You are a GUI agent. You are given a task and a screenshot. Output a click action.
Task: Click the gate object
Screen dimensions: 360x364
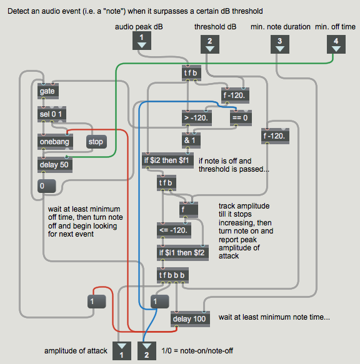[x=48, y=91]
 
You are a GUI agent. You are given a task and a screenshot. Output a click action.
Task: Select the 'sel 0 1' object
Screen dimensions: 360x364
[x=52, y=114]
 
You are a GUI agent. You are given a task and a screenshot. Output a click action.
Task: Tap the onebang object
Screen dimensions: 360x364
[x=55, y=142]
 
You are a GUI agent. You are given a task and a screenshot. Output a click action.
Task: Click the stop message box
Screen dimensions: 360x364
[x=96, y=142]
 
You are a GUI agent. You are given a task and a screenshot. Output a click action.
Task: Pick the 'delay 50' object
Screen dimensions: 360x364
[x=55, y=165]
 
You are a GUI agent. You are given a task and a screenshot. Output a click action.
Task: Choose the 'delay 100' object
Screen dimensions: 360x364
[x=190, y=319]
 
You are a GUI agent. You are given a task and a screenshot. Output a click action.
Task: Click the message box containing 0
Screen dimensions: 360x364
[x=46, y=186]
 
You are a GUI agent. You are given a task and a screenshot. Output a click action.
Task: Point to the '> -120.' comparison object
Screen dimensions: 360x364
[x=197, y=118]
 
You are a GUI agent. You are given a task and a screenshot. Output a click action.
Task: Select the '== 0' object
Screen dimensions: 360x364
[x=241, y=118]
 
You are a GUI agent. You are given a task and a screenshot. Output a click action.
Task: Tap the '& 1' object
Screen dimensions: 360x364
[x=191, y=140]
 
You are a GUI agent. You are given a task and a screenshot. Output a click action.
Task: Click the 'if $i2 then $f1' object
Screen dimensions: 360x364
[x=167, y=160]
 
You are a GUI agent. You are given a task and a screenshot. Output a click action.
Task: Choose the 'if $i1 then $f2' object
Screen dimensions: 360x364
[x=182, y=253]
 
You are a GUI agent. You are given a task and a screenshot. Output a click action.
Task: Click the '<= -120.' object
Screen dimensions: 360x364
[x=174, y=230]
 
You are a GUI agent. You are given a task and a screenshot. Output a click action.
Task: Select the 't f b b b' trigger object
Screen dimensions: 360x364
[x=172, y=275]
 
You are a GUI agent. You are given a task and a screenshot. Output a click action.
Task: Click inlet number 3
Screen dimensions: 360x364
[x=280, y=44]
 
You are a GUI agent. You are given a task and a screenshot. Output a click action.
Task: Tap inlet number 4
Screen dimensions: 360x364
[x=336, y=44]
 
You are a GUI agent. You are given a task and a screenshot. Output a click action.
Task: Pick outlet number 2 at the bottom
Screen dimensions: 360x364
[x=147, y=351]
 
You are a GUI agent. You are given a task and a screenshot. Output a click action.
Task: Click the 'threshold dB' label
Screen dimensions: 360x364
[x=215, y=27]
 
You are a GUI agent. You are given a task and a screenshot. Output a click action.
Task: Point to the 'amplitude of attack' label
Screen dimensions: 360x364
[x=76, y=351]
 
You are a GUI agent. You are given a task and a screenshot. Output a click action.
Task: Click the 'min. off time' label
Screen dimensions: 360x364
[x=335, y=27]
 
